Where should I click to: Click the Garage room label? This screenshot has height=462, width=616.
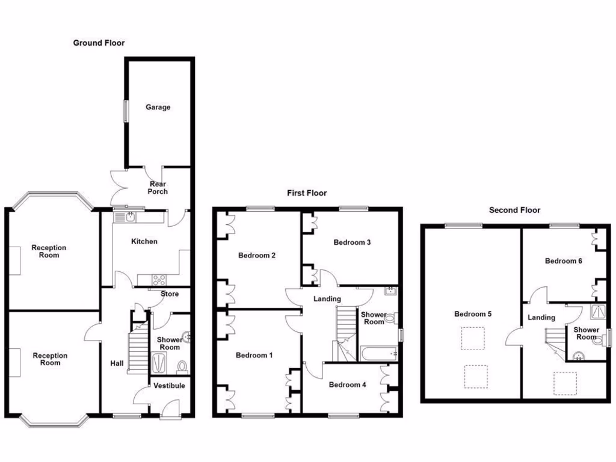click(158, 107)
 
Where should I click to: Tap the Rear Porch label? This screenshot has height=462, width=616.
click(158, 188)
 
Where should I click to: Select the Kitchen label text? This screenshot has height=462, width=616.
click(144, 241)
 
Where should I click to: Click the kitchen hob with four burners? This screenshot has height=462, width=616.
click(160, 279)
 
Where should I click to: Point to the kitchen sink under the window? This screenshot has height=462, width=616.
click(128, 215)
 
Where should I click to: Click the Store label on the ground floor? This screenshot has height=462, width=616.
click(170, 294)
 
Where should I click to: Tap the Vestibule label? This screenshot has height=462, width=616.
click(170, 386)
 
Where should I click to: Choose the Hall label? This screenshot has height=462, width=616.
click(117, 363)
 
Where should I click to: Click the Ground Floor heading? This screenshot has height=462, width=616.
click(99, 43)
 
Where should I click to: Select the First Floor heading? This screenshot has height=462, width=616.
click(306, 193)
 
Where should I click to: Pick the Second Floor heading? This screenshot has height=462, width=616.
click(514, 210)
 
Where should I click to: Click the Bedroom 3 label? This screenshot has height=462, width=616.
click(352, 242)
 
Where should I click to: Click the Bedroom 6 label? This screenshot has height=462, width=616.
click(563, 260)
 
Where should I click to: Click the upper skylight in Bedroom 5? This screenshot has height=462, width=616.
click(473, 338)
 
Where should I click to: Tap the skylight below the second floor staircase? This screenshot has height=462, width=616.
click(565, 383)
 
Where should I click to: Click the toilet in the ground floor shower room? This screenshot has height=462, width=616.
click(182, 366)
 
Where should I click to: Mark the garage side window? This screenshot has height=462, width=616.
click(126, 110)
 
